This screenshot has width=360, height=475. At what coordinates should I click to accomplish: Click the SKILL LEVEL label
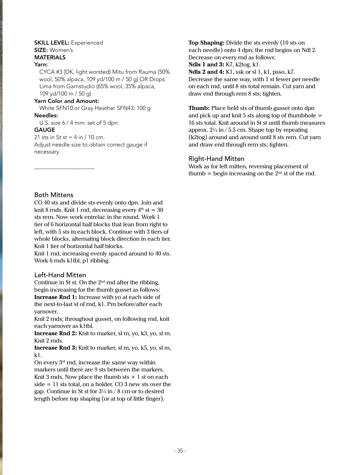pos(52,43)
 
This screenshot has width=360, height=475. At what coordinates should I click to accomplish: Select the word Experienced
pos(87,43)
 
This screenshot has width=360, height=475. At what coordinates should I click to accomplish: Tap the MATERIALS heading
pos(50,57)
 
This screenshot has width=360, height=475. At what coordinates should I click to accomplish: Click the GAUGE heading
pos(45,130)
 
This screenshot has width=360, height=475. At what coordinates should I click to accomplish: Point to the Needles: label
pos(46,115)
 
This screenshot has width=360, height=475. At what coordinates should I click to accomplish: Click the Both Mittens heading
pos(54,195)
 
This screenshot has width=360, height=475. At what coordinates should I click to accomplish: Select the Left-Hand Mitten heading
pos(60,275)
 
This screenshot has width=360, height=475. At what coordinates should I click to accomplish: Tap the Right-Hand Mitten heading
pos(216,159)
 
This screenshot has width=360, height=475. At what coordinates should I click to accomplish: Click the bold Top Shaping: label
pos(206,43)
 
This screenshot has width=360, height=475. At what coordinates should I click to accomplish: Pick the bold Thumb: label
pos(199,108)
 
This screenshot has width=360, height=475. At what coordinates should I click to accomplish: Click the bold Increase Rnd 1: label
pos(56,297)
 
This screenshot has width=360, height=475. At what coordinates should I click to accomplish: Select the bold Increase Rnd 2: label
pos(56,334)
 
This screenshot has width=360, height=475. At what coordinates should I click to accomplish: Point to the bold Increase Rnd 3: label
pos(56,348)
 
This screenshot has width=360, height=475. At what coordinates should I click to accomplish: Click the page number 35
pos(180,451)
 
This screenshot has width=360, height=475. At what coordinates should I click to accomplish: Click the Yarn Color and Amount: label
pos(66,101)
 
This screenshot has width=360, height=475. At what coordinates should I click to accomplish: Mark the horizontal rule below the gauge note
pos(64,169)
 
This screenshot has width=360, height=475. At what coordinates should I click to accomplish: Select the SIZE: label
pos(41,50)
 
